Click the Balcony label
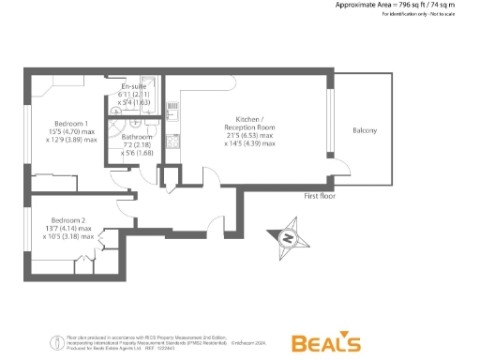coord(365,130)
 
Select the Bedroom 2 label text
coord(68,218)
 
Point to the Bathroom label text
coord(138,137)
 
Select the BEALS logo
coord(325,342)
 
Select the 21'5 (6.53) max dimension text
coord(249,135)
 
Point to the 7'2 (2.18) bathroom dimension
coord(137,145)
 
